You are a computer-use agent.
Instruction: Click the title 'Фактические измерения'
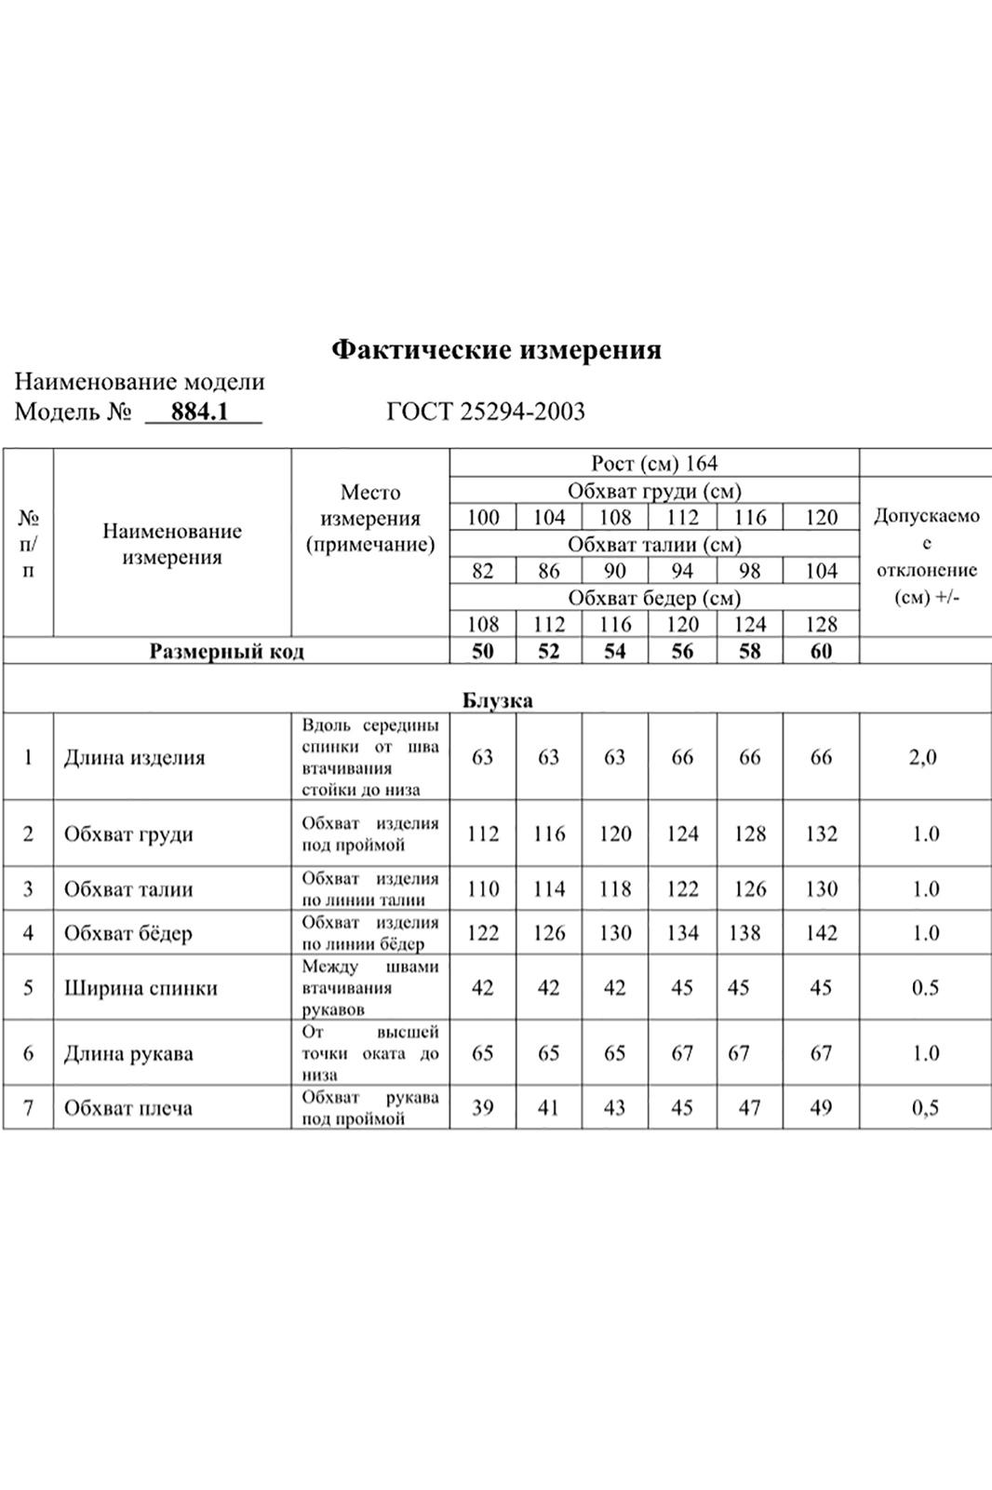(496, 350)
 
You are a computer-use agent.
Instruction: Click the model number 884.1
(200, 412)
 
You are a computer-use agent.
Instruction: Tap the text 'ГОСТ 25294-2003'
(486, 412)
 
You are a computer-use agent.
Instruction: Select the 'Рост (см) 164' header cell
(654, 464)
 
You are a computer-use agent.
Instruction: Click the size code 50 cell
(482, 652)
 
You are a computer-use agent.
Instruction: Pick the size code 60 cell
(821, 652)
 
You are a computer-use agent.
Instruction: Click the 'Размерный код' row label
(226, 652)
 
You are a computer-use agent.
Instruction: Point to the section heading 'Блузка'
(497, 700)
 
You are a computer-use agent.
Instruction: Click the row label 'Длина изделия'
(134, 758)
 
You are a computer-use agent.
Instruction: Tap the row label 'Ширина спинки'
(141, 988)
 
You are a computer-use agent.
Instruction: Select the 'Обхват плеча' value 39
(482, 1108)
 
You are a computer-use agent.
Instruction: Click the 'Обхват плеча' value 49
(821, 1108)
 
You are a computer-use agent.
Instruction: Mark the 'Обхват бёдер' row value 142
(821, 933)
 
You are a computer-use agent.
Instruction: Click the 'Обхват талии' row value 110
(482, 889)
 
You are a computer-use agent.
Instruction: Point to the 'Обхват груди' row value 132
(821, 834)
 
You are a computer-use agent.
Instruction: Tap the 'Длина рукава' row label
(128, 1054)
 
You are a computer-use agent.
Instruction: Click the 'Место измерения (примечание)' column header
(370, 519)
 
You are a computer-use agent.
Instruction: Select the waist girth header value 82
(482, 571)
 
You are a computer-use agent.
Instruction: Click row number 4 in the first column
(28, 933)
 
